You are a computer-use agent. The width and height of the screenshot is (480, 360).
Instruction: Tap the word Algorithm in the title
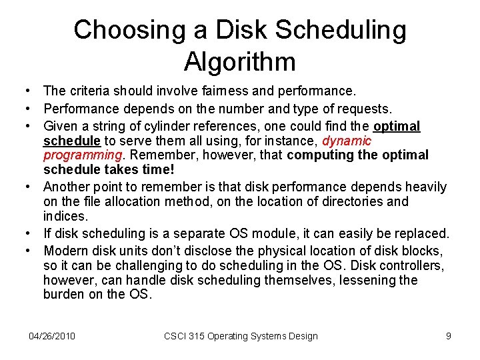[240, 62]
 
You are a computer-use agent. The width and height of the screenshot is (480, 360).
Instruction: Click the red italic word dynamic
[347, 141]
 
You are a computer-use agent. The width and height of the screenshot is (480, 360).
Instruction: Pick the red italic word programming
[83, 155]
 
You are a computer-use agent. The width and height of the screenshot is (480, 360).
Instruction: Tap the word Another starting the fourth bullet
[68, 187]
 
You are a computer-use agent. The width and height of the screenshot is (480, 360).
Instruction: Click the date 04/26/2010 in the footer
[53, 336]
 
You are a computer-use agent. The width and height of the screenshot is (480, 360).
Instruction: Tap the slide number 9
[449, 336]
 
